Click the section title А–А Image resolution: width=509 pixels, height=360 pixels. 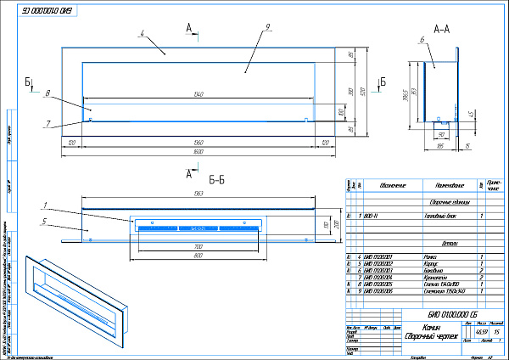(441, 29)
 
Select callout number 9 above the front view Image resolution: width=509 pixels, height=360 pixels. (266, 28)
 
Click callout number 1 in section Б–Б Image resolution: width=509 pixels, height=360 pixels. (44, 205)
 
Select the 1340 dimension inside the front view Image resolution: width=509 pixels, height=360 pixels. (199, 93)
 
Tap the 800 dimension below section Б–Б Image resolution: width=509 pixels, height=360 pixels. (198, 254)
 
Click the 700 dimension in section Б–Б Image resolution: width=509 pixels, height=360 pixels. (198, 245)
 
